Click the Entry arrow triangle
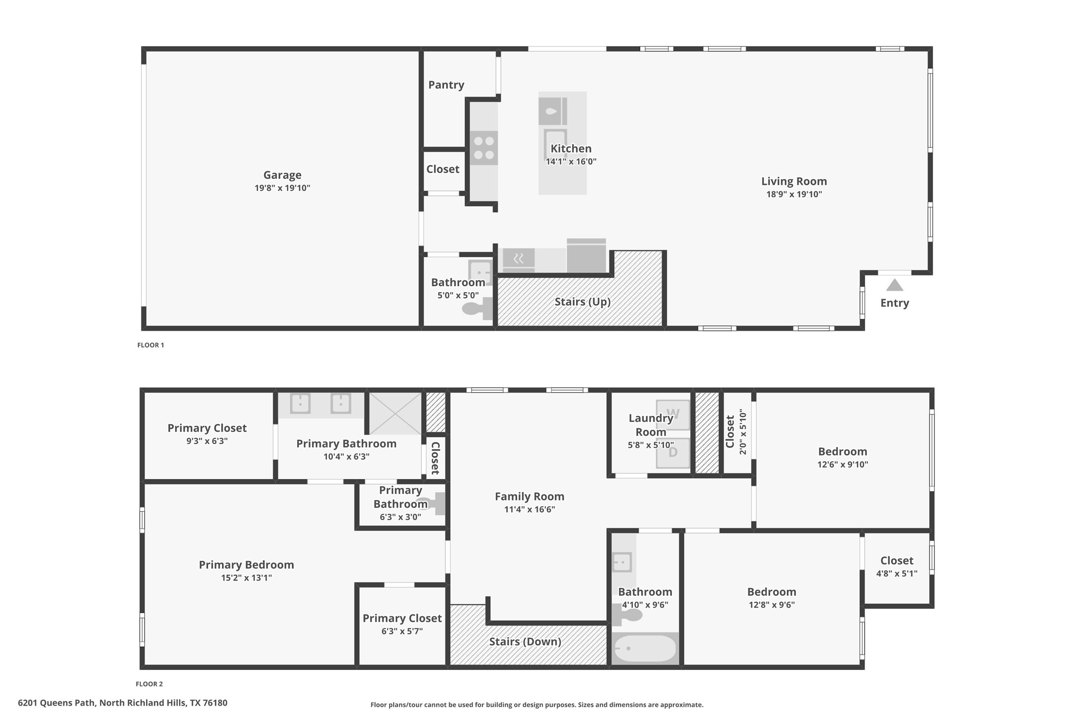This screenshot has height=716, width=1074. pyautogui.click(x=894, y=285)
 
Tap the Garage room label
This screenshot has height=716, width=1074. pyautogui.click(x=282, y=175)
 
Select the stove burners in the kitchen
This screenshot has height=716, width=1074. pyautogui.click(x=484, y=148)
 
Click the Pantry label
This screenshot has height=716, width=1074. pyautogui.click(x=446, y=85)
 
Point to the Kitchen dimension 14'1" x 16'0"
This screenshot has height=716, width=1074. pyautogui.click(x=571, y=162)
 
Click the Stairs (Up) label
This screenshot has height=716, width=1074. pyautogui.click(x=582, y=302)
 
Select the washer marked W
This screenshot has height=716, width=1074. pyautogui.click(x=672, y=413)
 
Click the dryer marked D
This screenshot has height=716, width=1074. pyautogui.click(x=672, y=452)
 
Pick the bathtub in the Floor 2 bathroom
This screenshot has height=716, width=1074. pyautogui.click(x=645, y=648)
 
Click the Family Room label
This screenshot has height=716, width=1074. pyautogui.click(x=529, y=496)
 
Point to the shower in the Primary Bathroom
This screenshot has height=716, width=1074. pyautogui.click(x=396, y=413)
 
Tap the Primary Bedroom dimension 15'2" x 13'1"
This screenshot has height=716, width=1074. pyautogui.click(x=246, y=578)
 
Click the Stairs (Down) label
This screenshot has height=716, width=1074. pyautogui.click(x=525, y=642)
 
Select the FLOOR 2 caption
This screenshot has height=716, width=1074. pyautogui.click(x=149, y=684)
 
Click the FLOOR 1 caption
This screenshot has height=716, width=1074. pyautogui.click(x=150, y=345)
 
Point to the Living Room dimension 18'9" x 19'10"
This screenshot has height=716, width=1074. pyautogui.click(x=794, y=194)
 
